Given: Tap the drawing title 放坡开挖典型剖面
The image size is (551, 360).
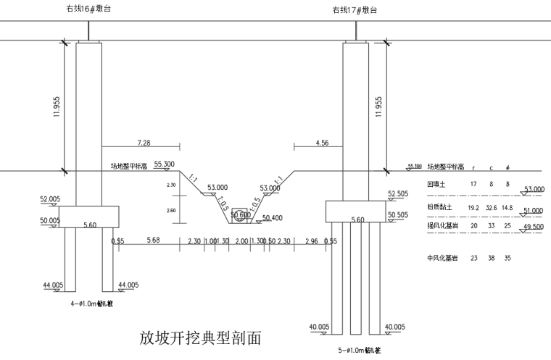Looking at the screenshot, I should [x=199, y=338].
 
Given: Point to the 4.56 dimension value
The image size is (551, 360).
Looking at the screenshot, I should [x=322, y=143].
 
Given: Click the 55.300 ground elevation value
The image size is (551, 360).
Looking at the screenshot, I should [x=165, y=164].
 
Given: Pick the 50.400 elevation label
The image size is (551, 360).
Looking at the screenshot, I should [x=273, y=217].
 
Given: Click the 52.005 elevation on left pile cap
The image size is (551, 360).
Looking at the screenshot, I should [x=50, y=198].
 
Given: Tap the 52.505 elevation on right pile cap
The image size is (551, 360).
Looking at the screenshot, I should [x=398, y=194].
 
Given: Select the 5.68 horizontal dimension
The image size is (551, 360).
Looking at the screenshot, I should [x=153, y=240].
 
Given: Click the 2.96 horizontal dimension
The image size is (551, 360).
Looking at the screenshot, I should [x=312, y=240].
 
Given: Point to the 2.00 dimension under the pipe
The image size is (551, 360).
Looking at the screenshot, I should [x=242, y=240].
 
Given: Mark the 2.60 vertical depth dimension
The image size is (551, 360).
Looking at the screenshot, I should [x=172, y=211].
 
